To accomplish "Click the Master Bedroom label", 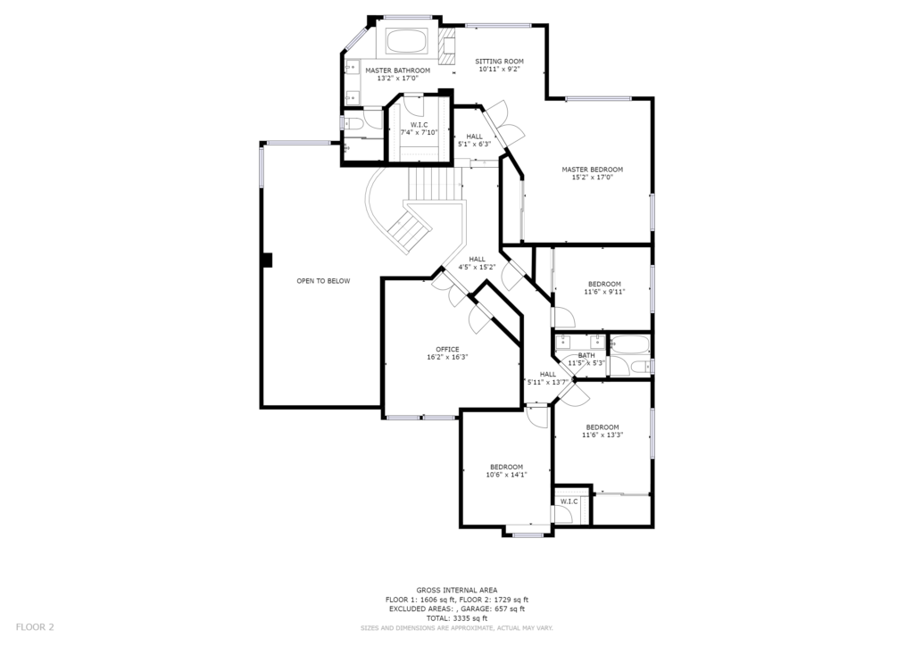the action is pos(593,170).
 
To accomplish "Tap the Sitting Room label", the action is pos(499,62).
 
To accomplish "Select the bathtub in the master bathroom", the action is pos(406,42).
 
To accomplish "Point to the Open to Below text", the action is pos(323,281).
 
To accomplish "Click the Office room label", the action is pos(447,350).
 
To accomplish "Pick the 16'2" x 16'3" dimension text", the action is pos(447,357).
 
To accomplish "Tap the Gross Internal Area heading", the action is pos(456,590).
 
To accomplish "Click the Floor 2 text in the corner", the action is pos(35,627).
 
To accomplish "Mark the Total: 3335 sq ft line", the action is pos(456,618).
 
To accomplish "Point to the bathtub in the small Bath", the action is pos(629,344).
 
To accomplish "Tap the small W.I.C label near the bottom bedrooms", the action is pos(569,501).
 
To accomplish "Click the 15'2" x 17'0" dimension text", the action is pos(593,177).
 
